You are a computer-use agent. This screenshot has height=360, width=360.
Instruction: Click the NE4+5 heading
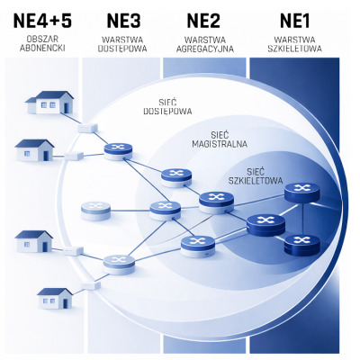point(42,21)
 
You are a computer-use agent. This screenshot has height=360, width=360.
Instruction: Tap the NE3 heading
point(123,21)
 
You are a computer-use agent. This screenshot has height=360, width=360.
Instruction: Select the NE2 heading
point(203,21)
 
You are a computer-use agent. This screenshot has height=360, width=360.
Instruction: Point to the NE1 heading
point(294,21)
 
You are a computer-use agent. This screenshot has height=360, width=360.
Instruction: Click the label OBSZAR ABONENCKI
point(42,43)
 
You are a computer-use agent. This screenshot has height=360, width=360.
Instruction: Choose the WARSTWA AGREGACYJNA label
point(205,44)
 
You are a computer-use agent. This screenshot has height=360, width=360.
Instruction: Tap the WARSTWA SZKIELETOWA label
point(294,44)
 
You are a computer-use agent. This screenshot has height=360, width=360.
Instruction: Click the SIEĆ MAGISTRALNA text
point(220,139)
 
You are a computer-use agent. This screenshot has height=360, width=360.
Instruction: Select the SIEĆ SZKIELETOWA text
point(256,176)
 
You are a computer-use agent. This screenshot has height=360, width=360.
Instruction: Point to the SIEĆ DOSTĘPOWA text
point(167,106)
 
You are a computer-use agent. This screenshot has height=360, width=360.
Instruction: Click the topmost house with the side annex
point(49,103)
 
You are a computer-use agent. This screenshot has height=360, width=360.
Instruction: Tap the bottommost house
point(55,298)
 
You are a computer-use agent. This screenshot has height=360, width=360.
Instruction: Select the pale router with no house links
point(95,211)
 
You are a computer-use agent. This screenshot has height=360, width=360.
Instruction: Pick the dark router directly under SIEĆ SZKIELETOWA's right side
point(302,193)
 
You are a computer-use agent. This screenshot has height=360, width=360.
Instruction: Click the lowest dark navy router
point(302,245)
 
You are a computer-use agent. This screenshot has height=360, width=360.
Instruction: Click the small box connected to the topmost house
point(87,128)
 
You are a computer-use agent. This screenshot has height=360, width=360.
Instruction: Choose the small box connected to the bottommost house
point(91,285)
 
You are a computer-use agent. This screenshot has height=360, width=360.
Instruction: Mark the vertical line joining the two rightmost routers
point(302,219)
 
